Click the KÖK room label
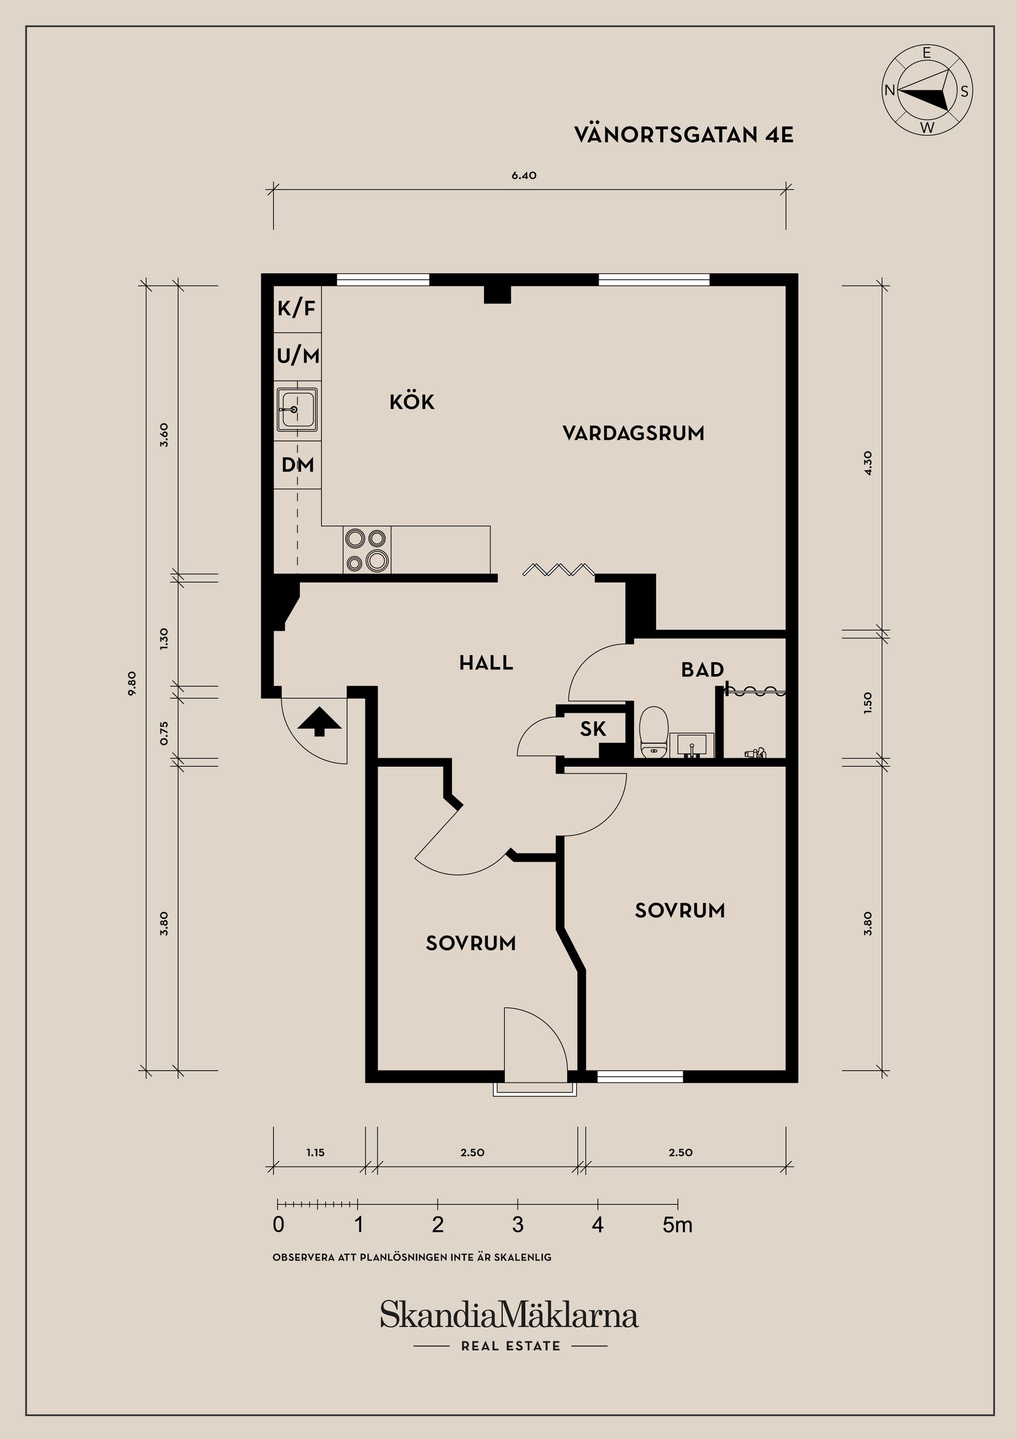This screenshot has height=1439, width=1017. pos(412,402)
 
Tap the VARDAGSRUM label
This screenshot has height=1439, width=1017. pos(633,433)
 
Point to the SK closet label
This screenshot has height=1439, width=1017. pos(593,729)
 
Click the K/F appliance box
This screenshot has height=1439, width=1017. pos(297,308)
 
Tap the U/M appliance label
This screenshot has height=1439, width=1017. pos(298,356)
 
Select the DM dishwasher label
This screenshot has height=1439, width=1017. pos(298,465)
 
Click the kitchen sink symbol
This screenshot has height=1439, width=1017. pos(297,410)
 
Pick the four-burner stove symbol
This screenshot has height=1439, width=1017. pos(367,549)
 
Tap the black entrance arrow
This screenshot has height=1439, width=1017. pos(319,721)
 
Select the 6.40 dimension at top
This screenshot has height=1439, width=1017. pos(524,175)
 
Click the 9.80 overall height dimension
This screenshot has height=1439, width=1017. pos(131,683)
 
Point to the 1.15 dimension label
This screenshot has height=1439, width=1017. pos(315,1152)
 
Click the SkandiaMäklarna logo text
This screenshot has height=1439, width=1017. pos(509,1314)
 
